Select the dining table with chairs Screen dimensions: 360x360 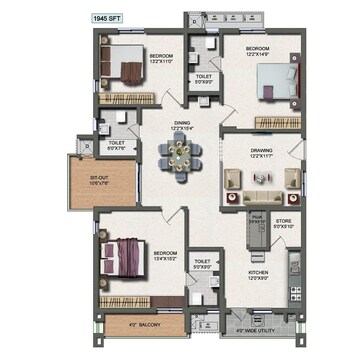click(180, 154)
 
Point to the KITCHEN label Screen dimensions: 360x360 click(261, 274)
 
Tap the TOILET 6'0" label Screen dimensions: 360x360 click(117, 144)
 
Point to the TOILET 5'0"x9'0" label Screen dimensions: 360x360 click(204, 78)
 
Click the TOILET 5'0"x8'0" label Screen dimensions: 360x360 click(203, 264)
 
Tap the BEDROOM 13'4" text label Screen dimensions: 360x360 click(165, 255)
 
